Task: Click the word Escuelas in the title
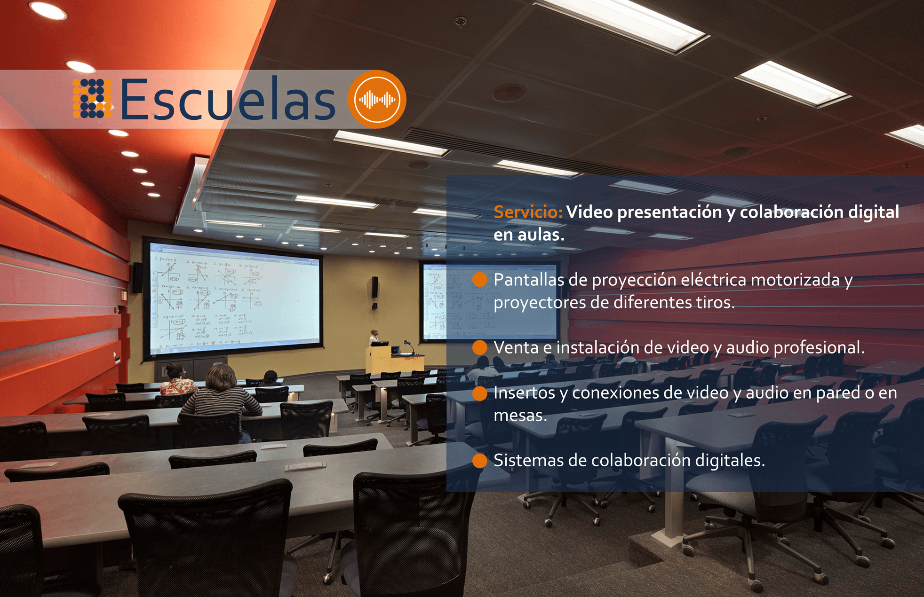[x=228, y=100]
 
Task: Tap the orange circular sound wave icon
[x=377, y=99]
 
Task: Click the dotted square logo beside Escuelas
[x=92, y=98]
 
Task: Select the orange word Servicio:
[x=527, y=212]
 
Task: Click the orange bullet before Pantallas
[x=479, y=279]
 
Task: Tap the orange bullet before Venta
[x=479, y=347]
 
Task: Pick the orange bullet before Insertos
[x=479, y=393]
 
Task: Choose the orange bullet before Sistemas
[x=479, y=461]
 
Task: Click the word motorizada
[x=795, y=280]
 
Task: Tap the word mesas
[x=520, y=416]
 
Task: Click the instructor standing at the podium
[x=374, y=337]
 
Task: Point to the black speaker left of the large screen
[x=137, y=277]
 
